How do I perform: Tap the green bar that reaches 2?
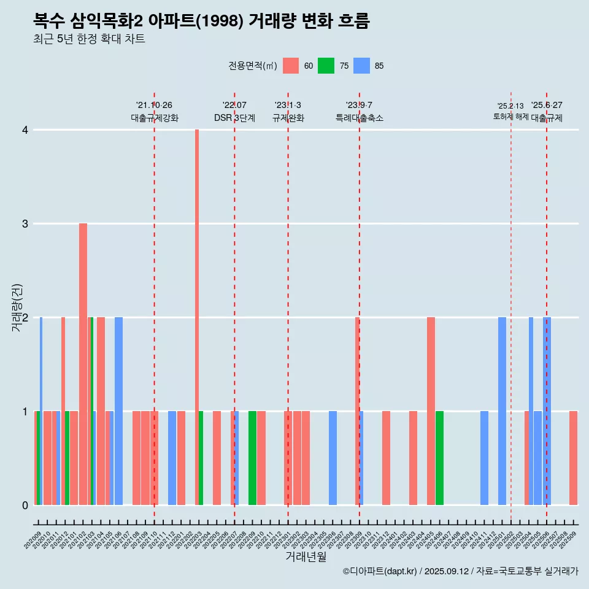point(91,411)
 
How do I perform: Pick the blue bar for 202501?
point(502,411)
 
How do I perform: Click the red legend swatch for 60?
point(291,66)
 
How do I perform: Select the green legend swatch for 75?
point(326,66)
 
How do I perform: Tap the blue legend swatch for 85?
point(362,66)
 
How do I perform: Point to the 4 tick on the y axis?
point(25,130)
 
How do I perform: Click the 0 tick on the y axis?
point(25,505)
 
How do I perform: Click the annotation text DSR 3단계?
point(234,118)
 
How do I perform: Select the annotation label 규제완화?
point(288,118)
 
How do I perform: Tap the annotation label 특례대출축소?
point(360,118)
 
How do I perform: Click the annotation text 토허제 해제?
point(511,116)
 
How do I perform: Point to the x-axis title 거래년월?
point(306,556)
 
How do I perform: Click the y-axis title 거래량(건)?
point(17,307)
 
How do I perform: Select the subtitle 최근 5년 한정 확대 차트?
point(89,39)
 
